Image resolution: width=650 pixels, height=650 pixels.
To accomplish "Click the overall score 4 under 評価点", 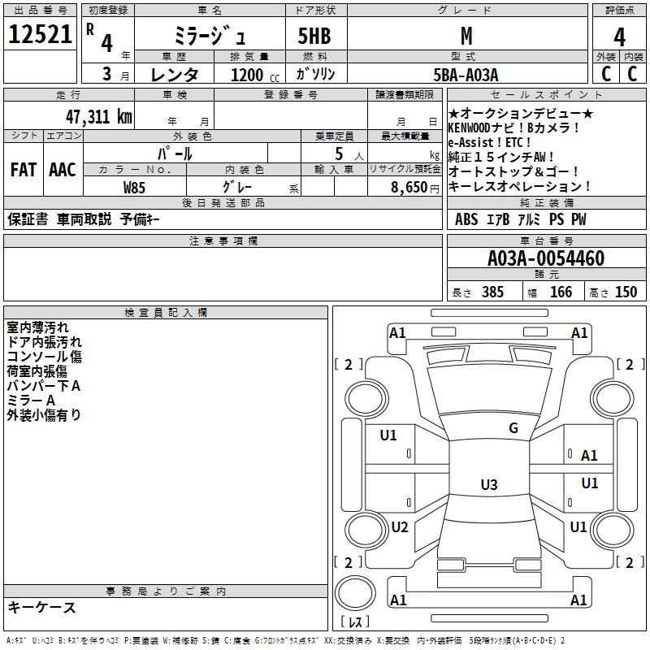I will click(x=619, y=37).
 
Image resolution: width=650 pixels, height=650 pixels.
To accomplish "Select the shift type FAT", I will click(x=23, y=170).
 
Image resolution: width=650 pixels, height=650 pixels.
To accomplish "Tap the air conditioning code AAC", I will click(x=63, y=170).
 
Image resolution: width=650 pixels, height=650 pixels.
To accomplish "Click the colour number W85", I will click(x=135, y=187).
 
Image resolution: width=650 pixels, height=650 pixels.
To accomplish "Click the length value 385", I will click(x=492, y=292).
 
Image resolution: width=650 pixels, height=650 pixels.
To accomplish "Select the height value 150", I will click(x=626, y=292).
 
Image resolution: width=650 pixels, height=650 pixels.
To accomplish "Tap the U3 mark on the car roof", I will click(x=488, y=485).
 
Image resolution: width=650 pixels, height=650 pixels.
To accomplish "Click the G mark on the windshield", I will click(x=513, y=428).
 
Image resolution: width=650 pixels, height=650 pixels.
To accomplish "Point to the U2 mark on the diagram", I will click(x=399, y=526).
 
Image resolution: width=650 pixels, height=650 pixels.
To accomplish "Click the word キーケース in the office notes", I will click(x=42, y=608).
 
